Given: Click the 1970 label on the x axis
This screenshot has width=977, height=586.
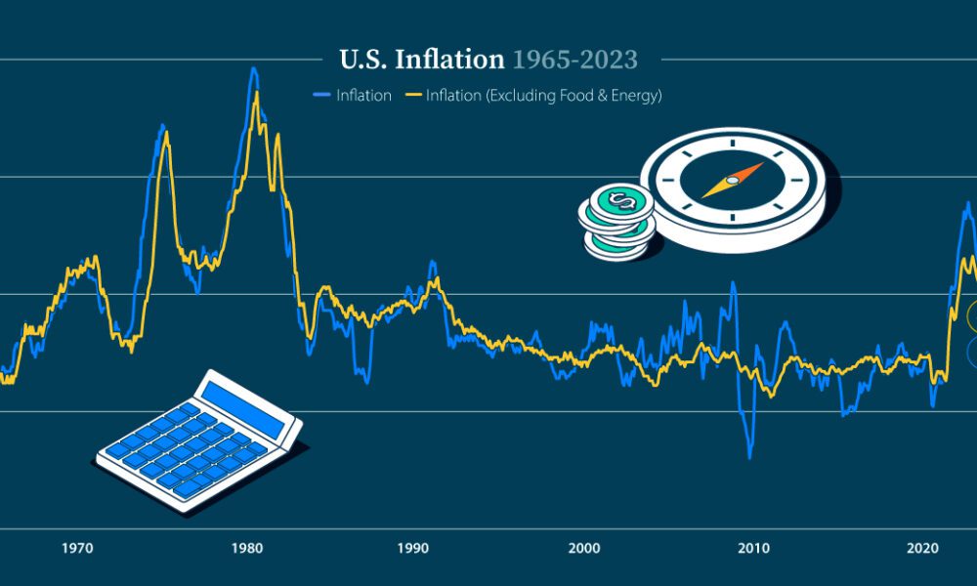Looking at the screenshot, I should [x=77, y=548].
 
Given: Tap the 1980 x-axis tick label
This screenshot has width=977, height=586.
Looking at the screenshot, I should [x=245, y=548].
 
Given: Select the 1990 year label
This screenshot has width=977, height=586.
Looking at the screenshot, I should [x=415, y=548].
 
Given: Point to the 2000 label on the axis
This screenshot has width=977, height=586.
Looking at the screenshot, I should [x=584, y=548].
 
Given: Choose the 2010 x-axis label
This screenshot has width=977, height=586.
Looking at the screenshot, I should [x=753, y=548].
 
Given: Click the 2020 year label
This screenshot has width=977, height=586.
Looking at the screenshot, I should [x=923, y=548].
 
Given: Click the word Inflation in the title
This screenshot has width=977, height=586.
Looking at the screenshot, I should [x=449, y=60].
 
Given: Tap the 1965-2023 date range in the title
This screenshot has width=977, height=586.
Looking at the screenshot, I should [x=575, y=60].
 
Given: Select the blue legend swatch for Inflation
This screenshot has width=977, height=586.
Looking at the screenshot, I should [x=322, y=96].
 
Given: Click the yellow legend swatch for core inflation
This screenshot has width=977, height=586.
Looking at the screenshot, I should [x=412, y=96].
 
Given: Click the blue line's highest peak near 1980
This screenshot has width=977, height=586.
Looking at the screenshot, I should [x=254, y=68].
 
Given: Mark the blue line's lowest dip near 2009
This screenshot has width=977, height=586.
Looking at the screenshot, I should [x=750, y=456].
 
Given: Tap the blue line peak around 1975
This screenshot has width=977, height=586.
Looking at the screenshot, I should [x=162, y=126].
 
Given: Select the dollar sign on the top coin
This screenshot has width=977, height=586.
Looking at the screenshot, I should [x=619, y=202].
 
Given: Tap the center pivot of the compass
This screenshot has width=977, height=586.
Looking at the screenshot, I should [x=732, y=181].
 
